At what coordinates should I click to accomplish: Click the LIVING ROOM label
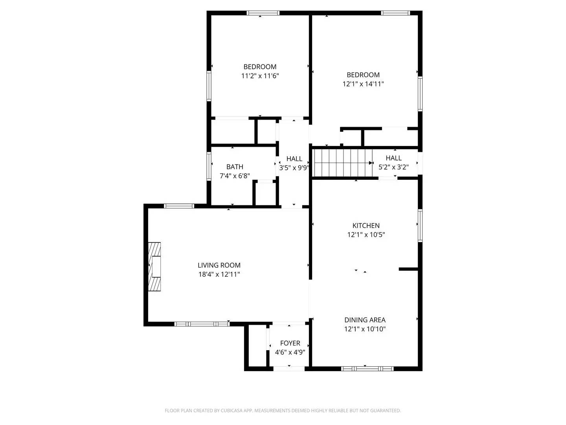[219, 265]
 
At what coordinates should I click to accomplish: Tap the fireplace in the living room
[155, 267]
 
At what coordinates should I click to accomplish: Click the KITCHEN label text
[366, 225]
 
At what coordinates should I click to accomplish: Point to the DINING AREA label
[365, 320]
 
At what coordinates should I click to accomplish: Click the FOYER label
[290, 343]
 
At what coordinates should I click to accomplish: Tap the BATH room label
[235, 167]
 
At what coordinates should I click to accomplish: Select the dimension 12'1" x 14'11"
[363, 84]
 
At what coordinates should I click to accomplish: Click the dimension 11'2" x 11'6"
[260, 76]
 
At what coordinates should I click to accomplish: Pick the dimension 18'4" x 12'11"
[219, 275]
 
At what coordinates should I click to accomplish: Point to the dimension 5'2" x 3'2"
[393, 167]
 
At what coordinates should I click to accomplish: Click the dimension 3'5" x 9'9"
[294, 168]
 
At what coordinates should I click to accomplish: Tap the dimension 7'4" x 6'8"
[235, 176]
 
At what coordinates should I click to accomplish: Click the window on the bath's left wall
[209, 166]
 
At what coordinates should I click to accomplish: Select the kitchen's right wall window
[420, 225]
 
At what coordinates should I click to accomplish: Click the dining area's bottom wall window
[367, 369]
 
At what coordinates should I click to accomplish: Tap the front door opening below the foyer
[289, 369]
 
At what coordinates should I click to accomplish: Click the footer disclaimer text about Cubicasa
[283, 410]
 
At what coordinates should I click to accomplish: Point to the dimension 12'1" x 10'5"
[366, 235]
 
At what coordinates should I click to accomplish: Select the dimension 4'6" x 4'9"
[290, 353]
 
